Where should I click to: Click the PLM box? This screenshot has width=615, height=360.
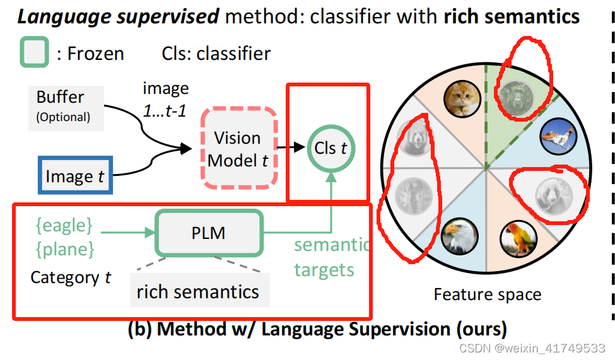(x=208, y=233)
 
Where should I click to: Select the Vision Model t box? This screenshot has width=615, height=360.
(x=238, y=149)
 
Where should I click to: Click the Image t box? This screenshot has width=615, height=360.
(x=74, y=176)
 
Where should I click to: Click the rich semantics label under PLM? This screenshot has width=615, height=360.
(x=197, y=291)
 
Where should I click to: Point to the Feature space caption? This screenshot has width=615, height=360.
(x=487, y=294)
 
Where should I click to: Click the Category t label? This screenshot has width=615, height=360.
(x=71, y=277)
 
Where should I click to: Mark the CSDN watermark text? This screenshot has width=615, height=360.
(x=531, y=348)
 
